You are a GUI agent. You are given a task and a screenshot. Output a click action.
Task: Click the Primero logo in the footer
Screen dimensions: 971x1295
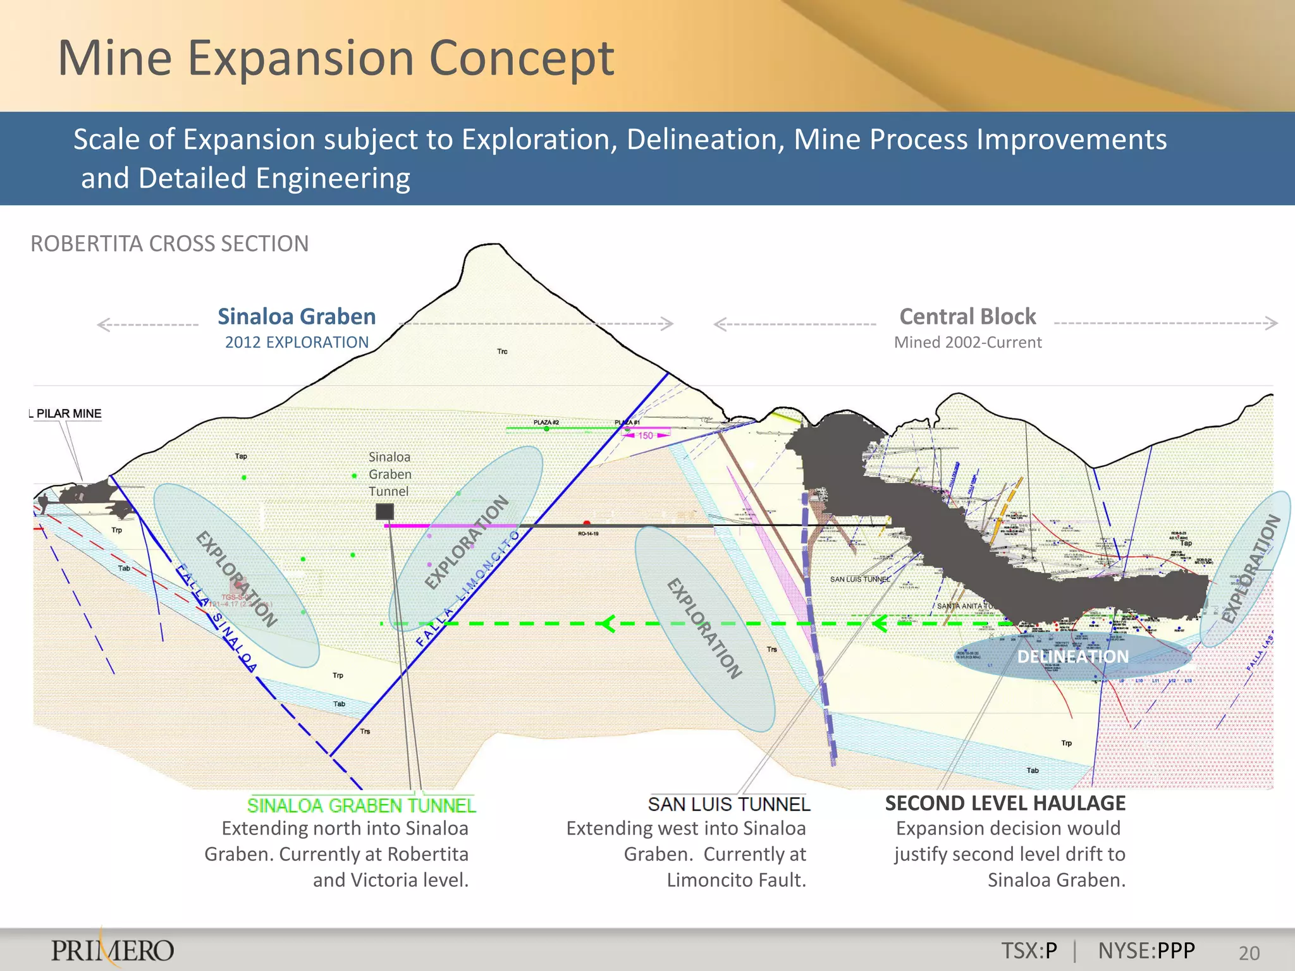[113, 950]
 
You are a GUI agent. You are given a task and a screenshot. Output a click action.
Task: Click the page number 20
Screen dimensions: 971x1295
[1249, 953]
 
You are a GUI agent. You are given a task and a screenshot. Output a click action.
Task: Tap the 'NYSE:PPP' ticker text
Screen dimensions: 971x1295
[1146, 950]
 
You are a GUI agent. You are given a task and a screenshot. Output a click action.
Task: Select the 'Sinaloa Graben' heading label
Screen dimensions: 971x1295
[297, 316]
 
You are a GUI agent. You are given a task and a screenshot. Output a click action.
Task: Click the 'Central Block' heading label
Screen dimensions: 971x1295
[967, 316]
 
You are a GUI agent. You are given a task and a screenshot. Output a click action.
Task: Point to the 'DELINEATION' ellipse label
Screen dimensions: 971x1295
[1072, 657]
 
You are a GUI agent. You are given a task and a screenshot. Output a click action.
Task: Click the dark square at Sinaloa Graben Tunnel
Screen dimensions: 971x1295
[384, 511]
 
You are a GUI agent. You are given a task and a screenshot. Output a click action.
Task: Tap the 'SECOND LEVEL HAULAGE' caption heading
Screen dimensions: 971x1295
[1005, 803]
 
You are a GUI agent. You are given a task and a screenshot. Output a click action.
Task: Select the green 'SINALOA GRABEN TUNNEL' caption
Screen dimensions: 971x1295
[361, 805]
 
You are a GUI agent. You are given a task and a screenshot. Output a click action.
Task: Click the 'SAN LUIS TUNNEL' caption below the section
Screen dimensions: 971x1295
[728, 804]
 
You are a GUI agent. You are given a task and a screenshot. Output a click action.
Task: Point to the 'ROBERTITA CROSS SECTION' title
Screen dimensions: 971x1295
[169, 243]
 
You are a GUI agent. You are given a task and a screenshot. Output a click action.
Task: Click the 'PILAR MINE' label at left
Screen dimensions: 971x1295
[68, 413]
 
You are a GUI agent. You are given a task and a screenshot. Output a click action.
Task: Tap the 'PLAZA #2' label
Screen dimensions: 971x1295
[546, 422]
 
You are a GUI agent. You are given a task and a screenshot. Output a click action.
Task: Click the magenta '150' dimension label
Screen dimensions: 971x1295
[645, 436]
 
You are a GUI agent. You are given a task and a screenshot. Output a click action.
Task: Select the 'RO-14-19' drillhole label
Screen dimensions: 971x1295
[588, 534]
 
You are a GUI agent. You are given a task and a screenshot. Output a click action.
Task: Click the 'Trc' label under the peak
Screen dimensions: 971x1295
[502, 351]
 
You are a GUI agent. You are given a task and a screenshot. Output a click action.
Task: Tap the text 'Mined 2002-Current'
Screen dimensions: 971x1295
[967, 343]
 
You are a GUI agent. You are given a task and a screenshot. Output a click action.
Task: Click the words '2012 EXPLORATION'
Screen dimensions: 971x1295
[297, 343]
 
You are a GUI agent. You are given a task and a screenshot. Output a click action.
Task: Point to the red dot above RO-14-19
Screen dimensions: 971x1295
[587, 523]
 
